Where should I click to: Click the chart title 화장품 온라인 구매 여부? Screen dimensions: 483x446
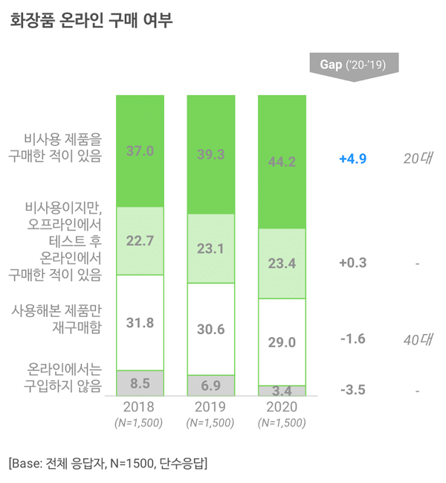pyautogui.click(x=92, y=20)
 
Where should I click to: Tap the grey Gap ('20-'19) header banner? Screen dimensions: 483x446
pyautogui.click(x=353, y=64)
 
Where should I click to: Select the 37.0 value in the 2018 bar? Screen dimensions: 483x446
pyautogui.click(x=140, y=151)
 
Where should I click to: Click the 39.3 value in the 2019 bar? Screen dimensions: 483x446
pyautogui.click(x=211, y=154)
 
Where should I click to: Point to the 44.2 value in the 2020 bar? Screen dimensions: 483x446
pyautogui.click(x=282, y=161)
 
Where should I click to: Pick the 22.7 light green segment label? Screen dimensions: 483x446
pyautogui.click(x=140, y=240)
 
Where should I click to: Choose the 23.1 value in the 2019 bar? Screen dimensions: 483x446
pyautogui.click(x=211, y=249)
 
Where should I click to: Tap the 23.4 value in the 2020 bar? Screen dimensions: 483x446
pyautogui.click(x=282, y=263)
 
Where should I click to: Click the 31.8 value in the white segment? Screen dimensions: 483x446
pyautogui.click(x=140, y=323)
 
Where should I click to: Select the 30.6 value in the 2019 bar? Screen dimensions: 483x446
pyautogui.click(x=211, y=329)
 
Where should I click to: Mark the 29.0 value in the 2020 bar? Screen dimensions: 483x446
pyautogui.click(x=282, y=342)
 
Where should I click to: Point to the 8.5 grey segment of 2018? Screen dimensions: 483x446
pyautogui.click(x=140, y=383)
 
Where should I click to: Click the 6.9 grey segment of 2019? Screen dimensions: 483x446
pyautogui.click(x=211, y=386)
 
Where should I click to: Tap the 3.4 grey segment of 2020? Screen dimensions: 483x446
pyautogui.click(x=282, y=390)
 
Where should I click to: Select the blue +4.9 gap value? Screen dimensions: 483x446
pyautogui.click(x=352, y=159)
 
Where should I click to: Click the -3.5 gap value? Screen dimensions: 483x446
pyautogui.click(x=352, y=389)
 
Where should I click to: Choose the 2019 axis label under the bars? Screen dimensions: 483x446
pyautogui.click(x=211, y=407)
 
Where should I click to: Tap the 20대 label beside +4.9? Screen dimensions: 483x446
pyautogui.click(x=418, y=159)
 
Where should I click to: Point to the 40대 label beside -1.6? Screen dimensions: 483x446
pyautogui.click(x=418, y=339)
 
